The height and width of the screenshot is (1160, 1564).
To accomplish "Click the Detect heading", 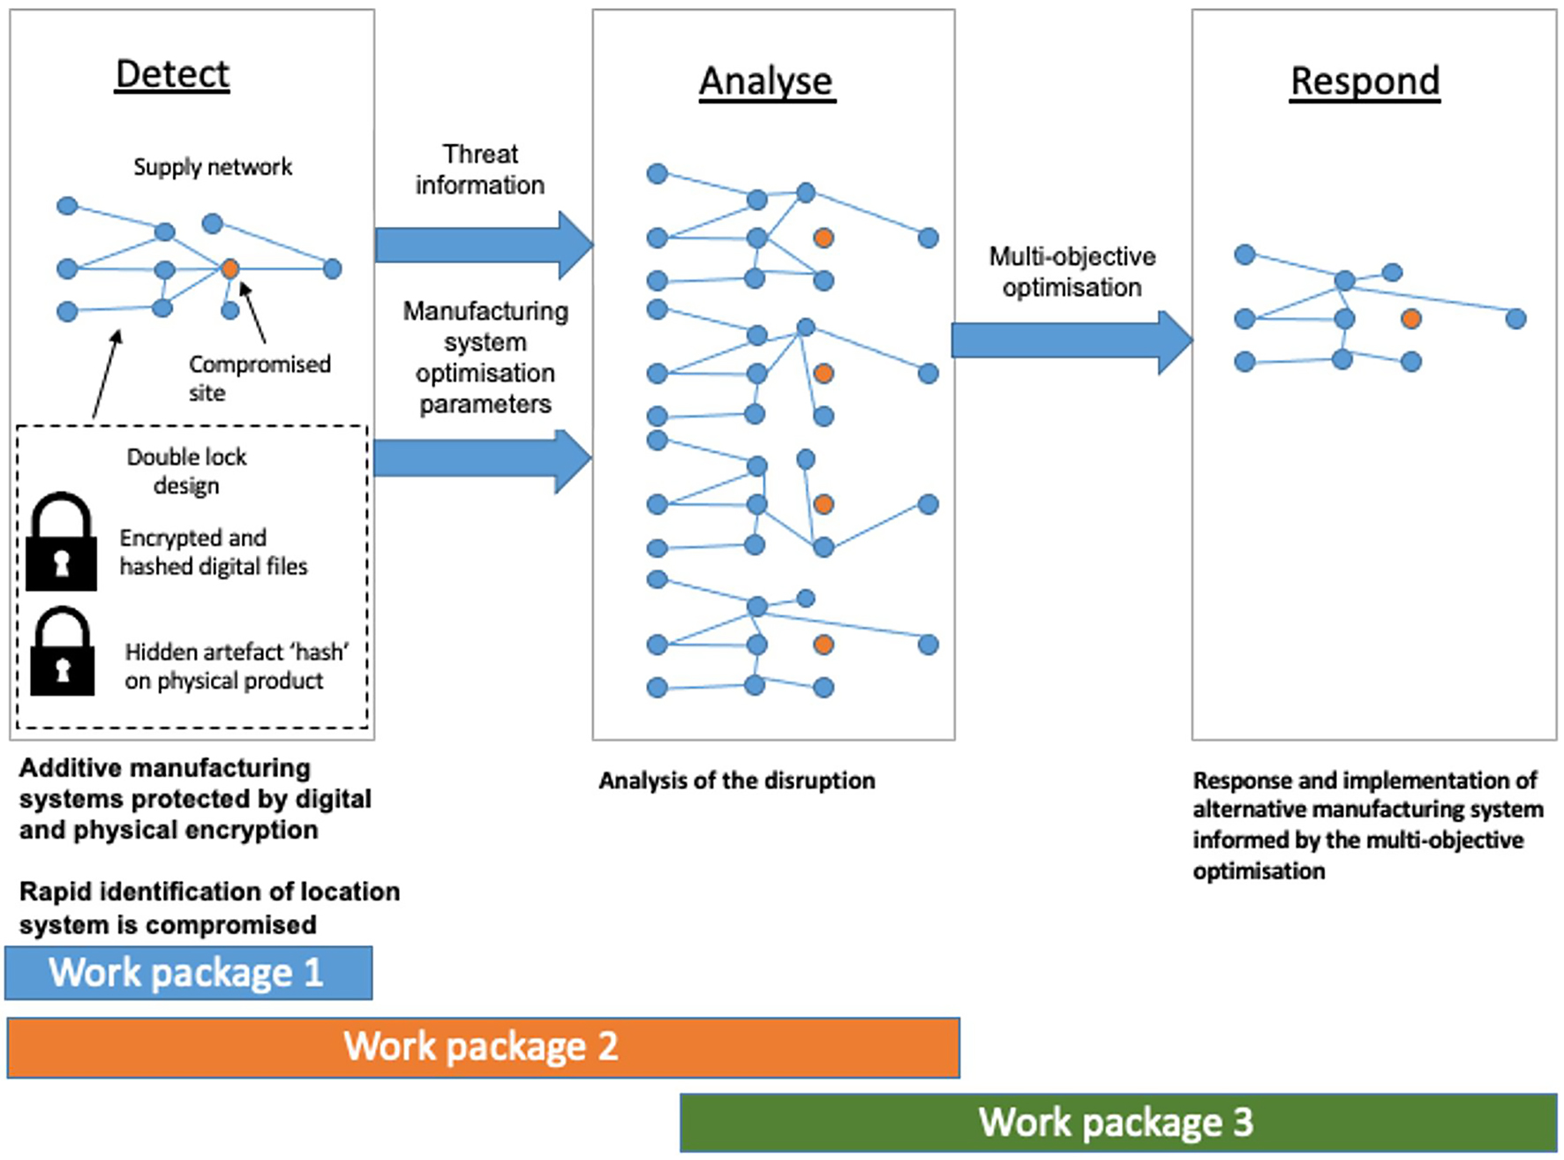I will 172,74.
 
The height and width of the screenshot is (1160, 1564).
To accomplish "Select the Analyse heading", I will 766,81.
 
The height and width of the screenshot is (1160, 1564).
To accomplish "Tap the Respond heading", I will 1365,81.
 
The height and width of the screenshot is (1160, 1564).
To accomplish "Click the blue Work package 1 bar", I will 188,973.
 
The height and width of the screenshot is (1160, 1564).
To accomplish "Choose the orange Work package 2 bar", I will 483,1047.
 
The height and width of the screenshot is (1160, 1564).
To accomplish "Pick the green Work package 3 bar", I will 1117,1122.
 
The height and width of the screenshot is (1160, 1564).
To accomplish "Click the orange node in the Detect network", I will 229,268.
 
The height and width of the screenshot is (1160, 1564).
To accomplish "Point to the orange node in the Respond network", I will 1411,319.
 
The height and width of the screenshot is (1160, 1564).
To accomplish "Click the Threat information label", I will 480,169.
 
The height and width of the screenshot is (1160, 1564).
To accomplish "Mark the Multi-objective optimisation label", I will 1071,272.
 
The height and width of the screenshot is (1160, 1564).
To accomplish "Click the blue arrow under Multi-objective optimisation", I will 1071,341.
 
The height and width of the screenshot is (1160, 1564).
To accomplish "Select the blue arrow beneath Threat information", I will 483,245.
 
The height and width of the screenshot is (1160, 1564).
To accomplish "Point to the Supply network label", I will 213,167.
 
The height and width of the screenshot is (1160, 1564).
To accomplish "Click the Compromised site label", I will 259,378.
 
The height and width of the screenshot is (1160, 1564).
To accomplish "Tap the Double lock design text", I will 186,471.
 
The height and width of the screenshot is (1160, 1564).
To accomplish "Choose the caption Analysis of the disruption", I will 737,780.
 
